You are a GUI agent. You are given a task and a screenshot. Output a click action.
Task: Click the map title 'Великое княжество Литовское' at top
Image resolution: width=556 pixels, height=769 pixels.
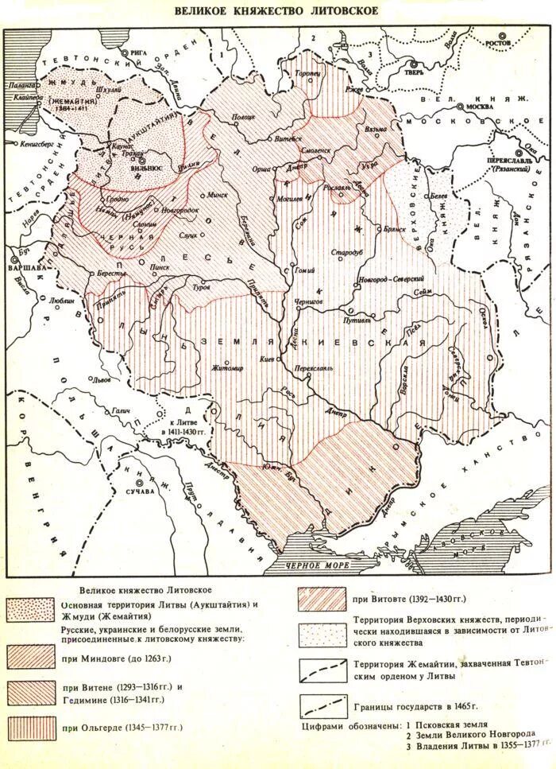276,11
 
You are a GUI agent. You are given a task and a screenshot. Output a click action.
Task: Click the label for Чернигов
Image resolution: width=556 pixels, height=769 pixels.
307,302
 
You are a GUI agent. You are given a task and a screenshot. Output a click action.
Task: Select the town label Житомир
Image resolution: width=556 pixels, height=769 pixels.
204,367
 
